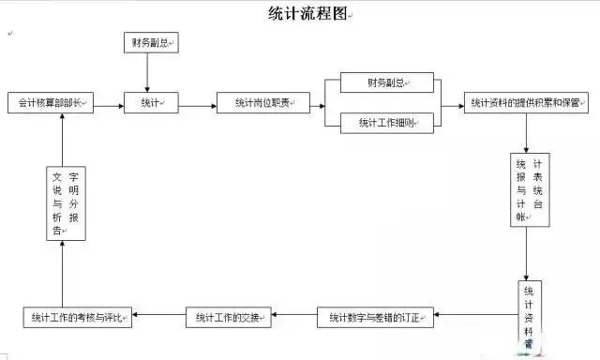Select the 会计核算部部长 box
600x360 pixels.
tap(50, 104)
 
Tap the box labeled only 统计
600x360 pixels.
tap(151, 104)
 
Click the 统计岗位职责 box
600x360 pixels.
tap(263, 104)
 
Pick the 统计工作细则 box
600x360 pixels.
tap(387, 123)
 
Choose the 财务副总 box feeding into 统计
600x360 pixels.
tap(151, 43)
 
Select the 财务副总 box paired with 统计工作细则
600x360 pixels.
tap(387, 83)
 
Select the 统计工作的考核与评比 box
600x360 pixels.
tap(78, 318)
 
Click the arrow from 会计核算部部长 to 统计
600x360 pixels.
tap(109, 104)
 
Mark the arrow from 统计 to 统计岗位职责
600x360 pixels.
tap(198, 104)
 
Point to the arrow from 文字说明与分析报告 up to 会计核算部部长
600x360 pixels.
tap(63, 141)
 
